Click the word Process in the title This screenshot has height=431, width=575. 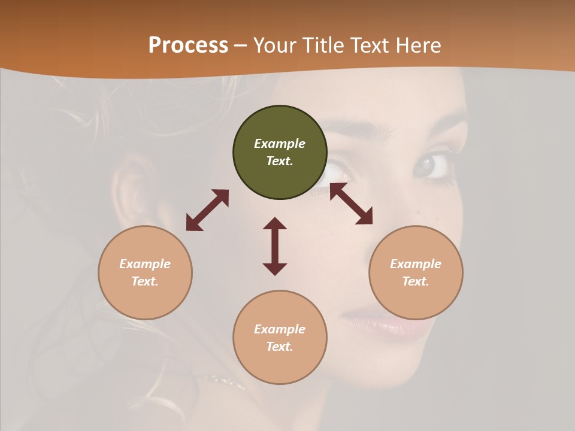coord(188,45)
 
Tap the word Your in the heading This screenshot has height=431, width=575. coord(275,45)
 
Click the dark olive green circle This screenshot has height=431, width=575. coord(280,152)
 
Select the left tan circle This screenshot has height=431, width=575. coord(145,272)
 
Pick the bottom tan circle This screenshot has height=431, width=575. coord(280,337)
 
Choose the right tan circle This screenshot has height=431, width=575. coord(416,272)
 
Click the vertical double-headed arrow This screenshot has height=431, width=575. coord(275,246)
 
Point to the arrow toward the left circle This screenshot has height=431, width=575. coord(207,210)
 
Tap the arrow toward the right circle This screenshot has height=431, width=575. coord(352,204)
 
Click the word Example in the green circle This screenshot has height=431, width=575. coord(280,144)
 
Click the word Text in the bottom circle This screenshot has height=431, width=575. coord(279,347)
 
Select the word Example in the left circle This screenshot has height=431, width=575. coord(145,264)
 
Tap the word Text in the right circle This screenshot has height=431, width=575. coord(414,281)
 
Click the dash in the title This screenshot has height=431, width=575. coord(240,45)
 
